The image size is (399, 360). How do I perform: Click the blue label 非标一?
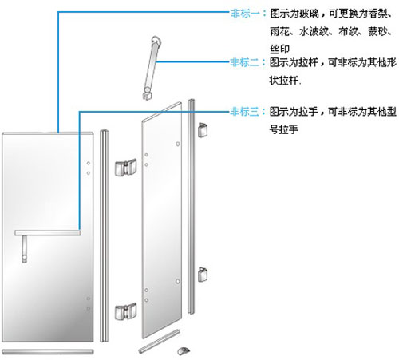pyautogui.click(x=245, y=13)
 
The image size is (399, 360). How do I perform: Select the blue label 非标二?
pyautogui.click(x=244, y=62)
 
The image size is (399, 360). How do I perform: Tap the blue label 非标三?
pyautogui.click(x=244, y=112)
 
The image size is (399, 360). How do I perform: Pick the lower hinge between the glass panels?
pyautogui.click(x=125, y=311)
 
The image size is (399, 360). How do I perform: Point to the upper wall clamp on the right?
pyautogui.click(x=203, y=130)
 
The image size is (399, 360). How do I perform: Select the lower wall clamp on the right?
pyautogui.click(x=203, y=275)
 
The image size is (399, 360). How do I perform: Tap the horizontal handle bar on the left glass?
pyautogui.click(x=48, y=233)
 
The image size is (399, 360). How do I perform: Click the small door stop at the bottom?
pyautogui.click(x=184, y=350)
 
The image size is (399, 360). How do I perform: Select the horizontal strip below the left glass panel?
pyautogui.click(x=48, y=352)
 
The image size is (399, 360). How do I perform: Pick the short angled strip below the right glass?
pyautogui.click(x=160, y=342)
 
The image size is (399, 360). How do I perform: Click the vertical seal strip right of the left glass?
pyautogui.click(x=104, y=235)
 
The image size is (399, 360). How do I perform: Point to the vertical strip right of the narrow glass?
pyautogui.click(x=191, y=207)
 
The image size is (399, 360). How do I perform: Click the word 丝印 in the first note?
pyautogui.click(x=279, y=49)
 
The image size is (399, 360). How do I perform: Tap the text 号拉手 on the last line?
pyautogui.click(x=283, y=129)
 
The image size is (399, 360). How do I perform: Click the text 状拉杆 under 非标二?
pyautogui.click(x=283, y=80)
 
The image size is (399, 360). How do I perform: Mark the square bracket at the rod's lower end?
pyautogui.click(x=148, y=95)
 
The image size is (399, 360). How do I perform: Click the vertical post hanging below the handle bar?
pyautogui.click(x=25, y=249)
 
